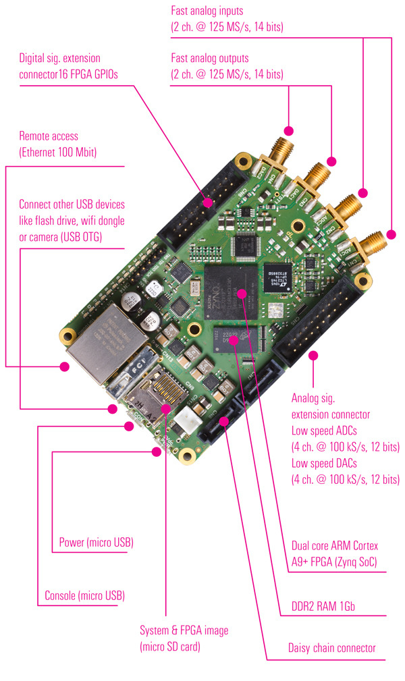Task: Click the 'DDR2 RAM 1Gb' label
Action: click(323, 607)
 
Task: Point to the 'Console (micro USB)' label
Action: click(84, 596)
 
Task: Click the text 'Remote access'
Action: click(49, 136)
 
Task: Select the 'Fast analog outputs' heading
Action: click(210, 58)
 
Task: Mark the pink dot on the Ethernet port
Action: click(65, 367)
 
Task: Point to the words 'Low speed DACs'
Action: click(325, 463)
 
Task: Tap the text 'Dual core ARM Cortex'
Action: click(335, 545)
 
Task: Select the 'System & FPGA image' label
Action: click(184, 630)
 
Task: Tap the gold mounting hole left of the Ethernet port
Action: click(67, 335)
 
